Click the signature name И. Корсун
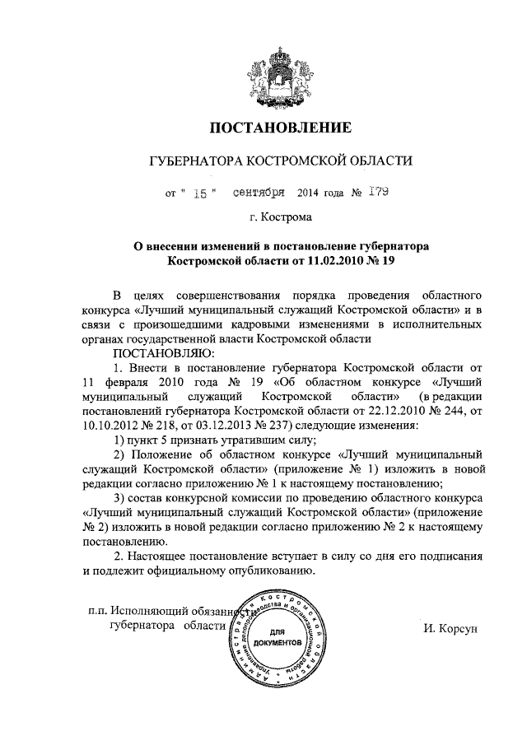[450, 626]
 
